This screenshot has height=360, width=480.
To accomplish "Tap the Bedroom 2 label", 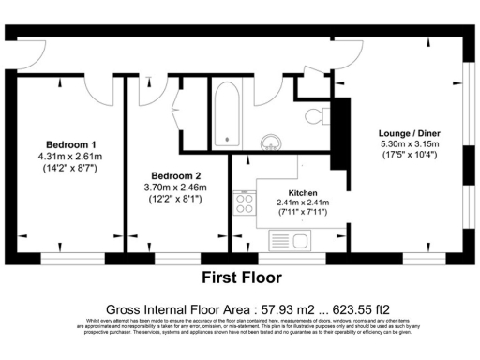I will coord(176,175).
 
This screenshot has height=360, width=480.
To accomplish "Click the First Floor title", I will coord(242,277).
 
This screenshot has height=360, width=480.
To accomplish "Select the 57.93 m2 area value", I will coord(284,308).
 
